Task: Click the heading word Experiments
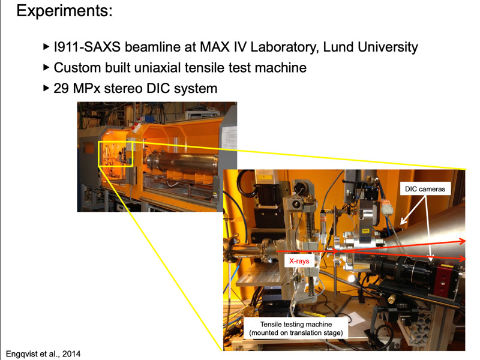[x=64, y=11]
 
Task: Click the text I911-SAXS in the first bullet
[x=87, y=47]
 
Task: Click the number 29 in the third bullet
[x=61, y=88]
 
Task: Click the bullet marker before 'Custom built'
[x=46, y=68]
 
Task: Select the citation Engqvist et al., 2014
[x=43, y=354]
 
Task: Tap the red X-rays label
[x=299, y=261]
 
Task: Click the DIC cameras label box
[x=425, y=189]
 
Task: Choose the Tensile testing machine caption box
[x=296, y=328]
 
